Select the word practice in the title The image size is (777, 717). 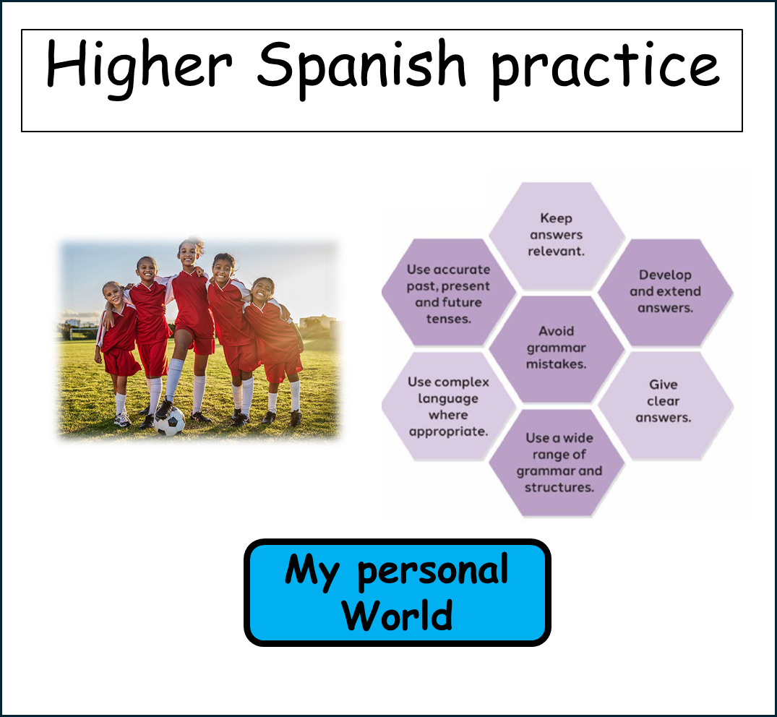click(x=605, y=69)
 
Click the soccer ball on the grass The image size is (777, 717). click(x=169, y=421)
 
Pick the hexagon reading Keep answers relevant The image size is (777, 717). click(x=557, y=235)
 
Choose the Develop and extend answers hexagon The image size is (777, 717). click(x=666, y=292)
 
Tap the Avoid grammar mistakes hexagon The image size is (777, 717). click(x=557, y=348)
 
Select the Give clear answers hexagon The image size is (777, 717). click(x=666, y=405)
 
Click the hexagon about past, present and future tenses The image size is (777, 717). click(x=448, y=292)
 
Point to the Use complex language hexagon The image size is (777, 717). click(x=448, y=405)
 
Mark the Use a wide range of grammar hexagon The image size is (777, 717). click(x=557, y=463)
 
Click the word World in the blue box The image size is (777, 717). click(x=397, y=615)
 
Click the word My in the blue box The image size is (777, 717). click(x=312, y=572)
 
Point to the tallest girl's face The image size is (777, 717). click(x=188, y=253)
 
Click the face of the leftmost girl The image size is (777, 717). click(x=113, y=293)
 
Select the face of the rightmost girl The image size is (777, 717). click(x=262, y=291)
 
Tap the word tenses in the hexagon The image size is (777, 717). click(x=448, y=319)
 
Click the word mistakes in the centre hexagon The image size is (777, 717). click(x=556, y=364)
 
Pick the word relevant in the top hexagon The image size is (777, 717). click(x=556, y=252)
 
